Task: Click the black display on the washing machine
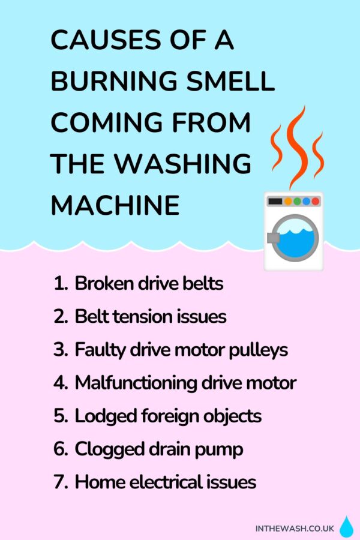tap(275, 202)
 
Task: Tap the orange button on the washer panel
tap(288, 202)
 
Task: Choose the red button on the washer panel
tap(316, 202)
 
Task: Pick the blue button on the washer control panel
tap(307, 202)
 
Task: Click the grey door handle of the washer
tap(271, 239)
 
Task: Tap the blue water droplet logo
tap(346, 527)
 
